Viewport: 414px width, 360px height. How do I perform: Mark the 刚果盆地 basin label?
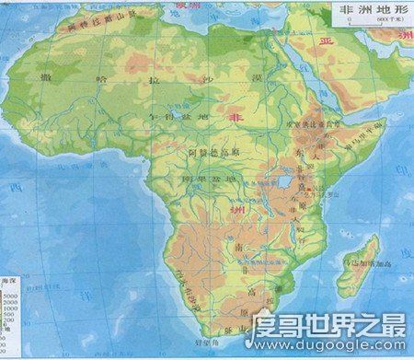point(201,180)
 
